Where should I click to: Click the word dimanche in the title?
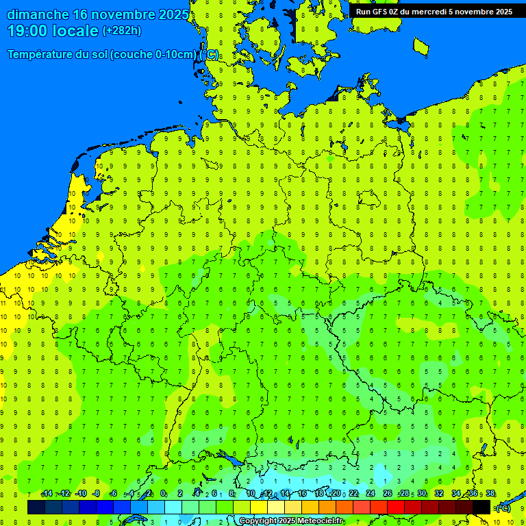tap(38, 14)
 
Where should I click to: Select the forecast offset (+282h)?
tap(121, 31)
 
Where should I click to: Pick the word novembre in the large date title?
tap(123, 14)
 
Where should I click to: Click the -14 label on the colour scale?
tap(47, 494)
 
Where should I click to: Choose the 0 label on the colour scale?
tap(163, 494)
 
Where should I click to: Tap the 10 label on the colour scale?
tap(251, 494)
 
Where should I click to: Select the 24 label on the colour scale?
tap(371, 494)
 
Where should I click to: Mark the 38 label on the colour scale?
tap(490, 494)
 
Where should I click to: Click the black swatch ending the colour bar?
tap(481, 508)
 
